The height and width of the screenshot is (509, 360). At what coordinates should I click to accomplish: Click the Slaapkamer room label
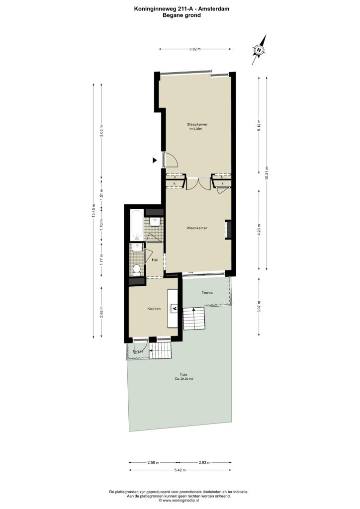tap(197, 124)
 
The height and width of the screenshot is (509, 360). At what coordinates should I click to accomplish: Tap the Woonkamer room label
tap(197, 228)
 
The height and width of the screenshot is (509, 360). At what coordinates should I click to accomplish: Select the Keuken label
tap(154, 309)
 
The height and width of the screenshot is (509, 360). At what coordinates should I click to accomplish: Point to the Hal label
tap(155, 260)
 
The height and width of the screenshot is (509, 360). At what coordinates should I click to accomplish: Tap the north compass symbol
tap(259, 50)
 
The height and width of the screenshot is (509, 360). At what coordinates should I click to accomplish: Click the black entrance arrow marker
tap(155, 160)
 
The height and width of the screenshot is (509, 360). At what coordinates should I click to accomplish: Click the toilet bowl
tap(137, 269)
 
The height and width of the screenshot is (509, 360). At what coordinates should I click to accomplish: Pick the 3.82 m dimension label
tap(195, 49)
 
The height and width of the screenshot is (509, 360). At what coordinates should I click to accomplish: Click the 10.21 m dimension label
tap(267, 173)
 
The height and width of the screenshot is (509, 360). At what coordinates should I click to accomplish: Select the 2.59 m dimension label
tap(153, 463)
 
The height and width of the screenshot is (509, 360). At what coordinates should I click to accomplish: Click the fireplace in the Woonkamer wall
tap(229, 230)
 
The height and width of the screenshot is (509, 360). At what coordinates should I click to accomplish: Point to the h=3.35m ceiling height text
tap(196, 129)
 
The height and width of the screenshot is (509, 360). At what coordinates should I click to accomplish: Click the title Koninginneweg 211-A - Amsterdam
tap(182, 9)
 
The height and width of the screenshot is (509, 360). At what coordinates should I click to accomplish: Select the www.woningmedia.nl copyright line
tap(179, 500)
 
